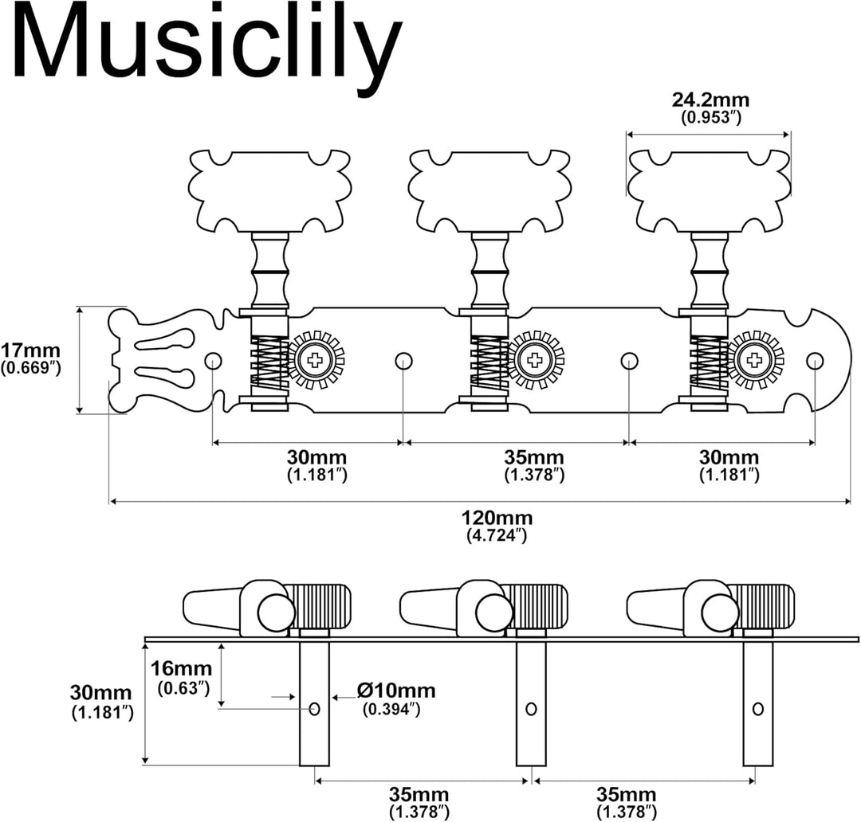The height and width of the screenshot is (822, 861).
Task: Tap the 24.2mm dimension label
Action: (x=710, y=100)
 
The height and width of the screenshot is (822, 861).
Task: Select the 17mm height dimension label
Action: (x=31, y=350)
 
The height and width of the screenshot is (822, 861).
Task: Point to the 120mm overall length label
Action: (x=497, y=518)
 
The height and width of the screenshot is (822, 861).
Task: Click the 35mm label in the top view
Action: (x=533, y=457)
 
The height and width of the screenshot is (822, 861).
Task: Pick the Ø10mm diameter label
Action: (x=396, y=690)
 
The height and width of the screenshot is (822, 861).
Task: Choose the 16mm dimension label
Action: (x=182, y=668)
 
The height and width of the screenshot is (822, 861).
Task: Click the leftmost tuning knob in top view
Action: (x=270, y=190)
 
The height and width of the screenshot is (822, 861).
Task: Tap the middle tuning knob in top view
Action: (x=489, y=190)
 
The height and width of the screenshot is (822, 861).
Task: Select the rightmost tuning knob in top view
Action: (x=709, y=190)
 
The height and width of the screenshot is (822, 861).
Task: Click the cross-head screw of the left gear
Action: (x=315, y=361)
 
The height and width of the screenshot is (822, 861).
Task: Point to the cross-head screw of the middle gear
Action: (x=535, y=361)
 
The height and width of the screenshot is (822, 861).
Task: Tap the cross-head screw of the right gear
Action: (x=754, y=361)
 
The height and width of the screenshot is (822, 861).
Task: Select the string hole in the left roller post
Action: (x=315, y=708)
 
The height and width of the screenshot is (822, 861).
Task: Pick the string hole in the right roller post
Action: (x=758, y=708)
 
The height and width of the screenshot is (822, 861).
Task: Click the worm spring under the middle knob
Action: (x=489, y=361)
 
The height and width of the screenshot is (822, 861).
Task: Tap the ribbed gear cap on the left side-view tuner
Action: (x=320, y=606)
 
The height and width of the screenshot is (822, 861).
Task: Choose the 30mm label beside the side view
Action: (x=101, y=692)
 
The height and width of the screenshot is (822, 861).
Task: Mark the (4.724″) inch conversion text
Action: (x=497, y=535)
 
